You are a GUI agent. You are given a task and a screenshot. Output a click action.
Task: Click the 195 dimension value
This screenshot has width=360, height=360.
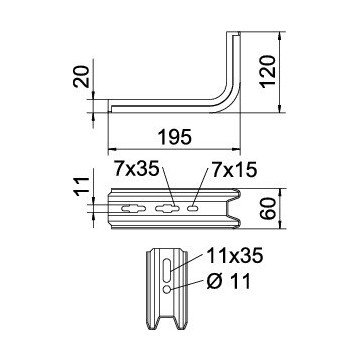coord(175,137)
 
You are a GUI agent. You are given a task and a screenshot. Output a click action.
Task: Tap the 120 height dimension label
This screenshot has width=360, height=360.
coord(269,71)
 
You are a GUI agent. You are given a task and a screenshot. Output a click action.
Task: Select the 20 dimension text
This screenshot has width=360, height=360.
coord(82,77)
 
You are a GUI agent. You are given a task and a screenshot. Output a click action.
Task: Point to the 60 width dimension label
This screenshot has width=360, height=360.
coord(269,208)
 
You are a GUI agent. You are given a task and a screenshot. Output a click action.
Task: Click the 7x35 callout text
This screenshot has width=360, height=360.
coord(135,169)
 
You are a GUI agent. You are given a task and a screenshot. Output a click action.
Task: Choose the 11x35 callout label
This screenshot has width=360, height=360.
coord(235,256)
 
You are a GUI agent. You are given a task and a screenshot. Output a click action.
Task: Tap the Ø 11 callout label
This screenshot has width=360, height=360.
coord(229,282)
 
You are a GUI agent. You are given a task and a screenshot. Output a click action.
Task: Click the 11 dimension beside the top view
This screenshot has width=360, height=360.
coord(82,185)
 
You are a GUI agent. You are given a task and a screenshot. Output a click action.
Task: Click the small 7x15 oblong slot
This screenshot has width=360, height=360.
coord(193,209)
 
